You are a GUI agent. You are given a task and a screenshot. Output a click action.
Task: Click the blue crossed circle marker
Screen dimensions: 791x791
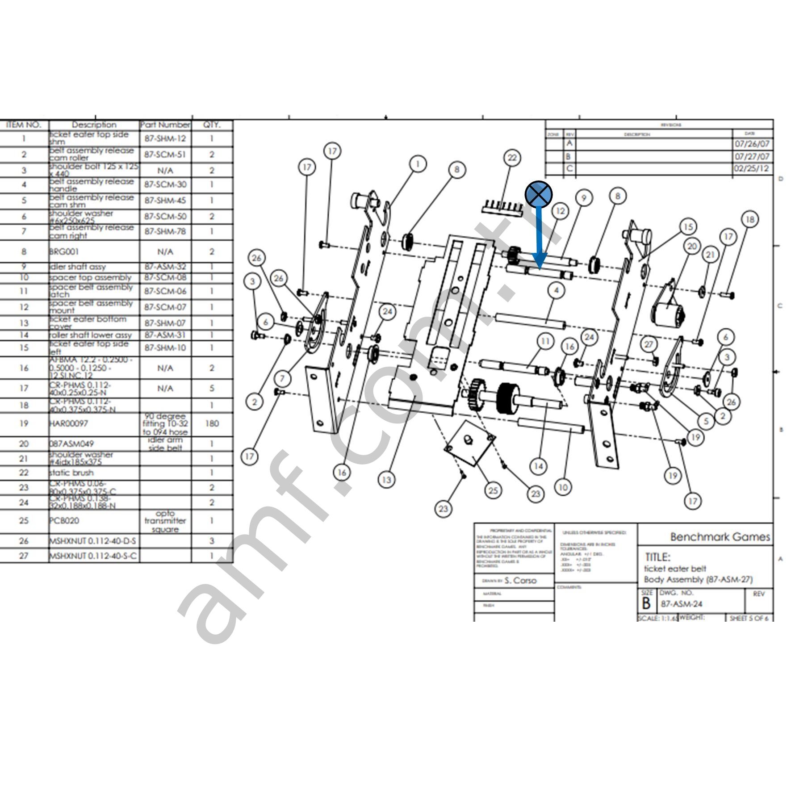point(539,194)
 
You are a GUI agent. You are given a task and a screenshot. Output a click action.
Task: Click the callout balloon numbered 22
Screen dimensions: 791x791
point(512,158)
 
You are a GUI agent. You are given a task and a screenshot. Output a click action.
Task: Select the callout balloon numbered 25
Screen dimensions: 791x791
point(493,490)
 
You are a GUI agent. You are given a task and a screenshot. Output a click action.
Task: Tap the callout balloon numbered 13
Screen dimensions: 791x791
point(386,480)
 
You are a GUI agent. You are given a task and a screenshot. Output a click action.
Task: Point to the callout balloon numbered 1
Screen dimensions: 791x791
point(418,164)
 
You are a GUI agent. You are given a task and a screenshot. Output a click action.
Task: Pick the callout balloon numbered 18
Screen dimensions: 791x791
point(750,219)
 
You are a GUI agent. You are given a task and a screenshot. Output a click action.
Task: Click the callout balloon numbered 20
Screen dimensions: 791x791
point(692,246)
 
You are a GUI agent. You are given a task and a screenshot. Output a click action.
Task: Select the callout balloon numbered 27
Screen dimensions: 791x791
point(649,344)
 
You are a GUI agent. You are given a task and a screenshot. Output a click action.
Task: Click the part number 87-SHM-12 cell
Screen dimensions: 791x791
point(165,138)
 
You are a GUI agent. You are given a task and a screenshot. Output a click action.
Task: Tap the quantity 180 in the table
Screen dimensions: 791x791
point(212,423)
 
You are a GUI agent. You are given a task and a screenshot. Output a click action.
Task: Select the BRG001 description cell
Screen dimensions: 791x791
point(64,252)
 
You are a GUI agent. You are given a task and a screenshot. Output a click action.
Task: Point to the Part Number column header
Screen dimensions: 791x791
point(165,125)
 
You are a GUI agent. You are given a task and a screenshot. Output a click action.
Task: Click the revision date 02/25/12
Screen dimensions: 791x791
point(752,169)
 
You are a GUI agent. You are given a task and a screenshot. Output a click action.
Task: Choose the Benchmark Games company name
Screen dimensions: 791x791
point(720,537)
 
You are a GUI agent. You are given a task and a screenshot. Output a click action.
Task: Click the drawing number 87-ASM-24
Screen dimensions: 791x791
point(682,604)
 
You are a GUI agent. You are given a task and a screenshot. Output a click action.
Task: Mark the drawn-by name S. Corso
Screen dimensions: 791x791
point(520,581)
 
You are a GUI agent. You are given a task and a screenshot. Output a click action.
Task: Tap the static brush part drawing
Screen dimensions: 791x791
point(502,209)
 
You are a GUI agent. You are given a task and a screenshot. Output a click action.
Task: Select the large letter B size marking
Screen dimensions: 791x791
point(646,603)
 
